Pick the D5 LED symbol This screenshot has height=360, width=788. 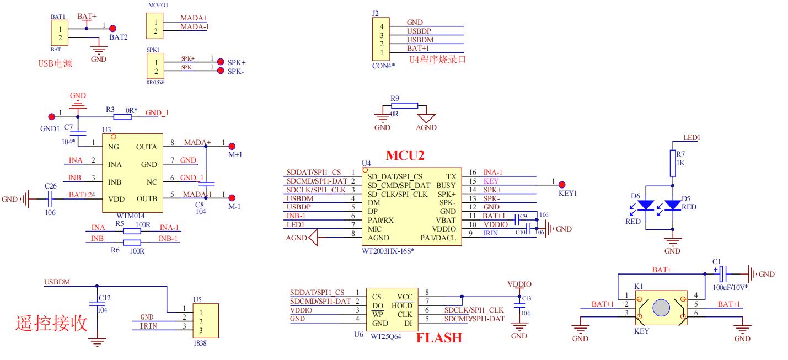[x=673, y=205]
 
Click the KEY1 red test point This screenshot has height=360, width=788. [x=562, y=184]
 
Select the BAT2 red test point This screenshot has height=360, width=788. [x=112, y=29]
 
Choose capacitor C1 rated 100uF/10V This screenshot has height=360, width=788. [x=723, y=273]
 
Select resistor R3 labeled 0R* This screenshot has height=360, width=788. [x=122, y=116]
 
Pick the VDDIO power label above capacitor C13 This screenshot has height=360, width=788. [x=519, y=284]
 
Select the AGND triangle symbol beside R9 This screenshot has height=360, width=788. [x=426, y=118]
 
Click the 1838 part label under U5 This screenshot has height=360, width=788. [x=200, y=343]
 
